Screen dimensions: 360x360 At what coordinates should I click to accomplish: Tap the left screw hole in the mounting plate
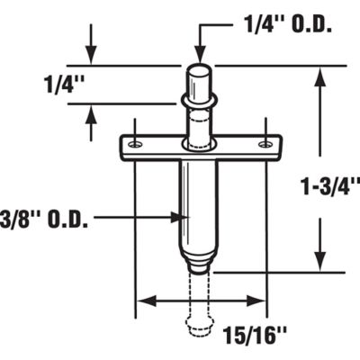pos(134,143)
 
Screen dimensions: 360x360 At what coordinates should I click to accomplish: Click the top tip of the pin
pos(200,67)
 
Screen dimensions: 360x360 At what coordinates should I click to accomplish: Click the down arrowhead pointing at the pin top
pos(200,56)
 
